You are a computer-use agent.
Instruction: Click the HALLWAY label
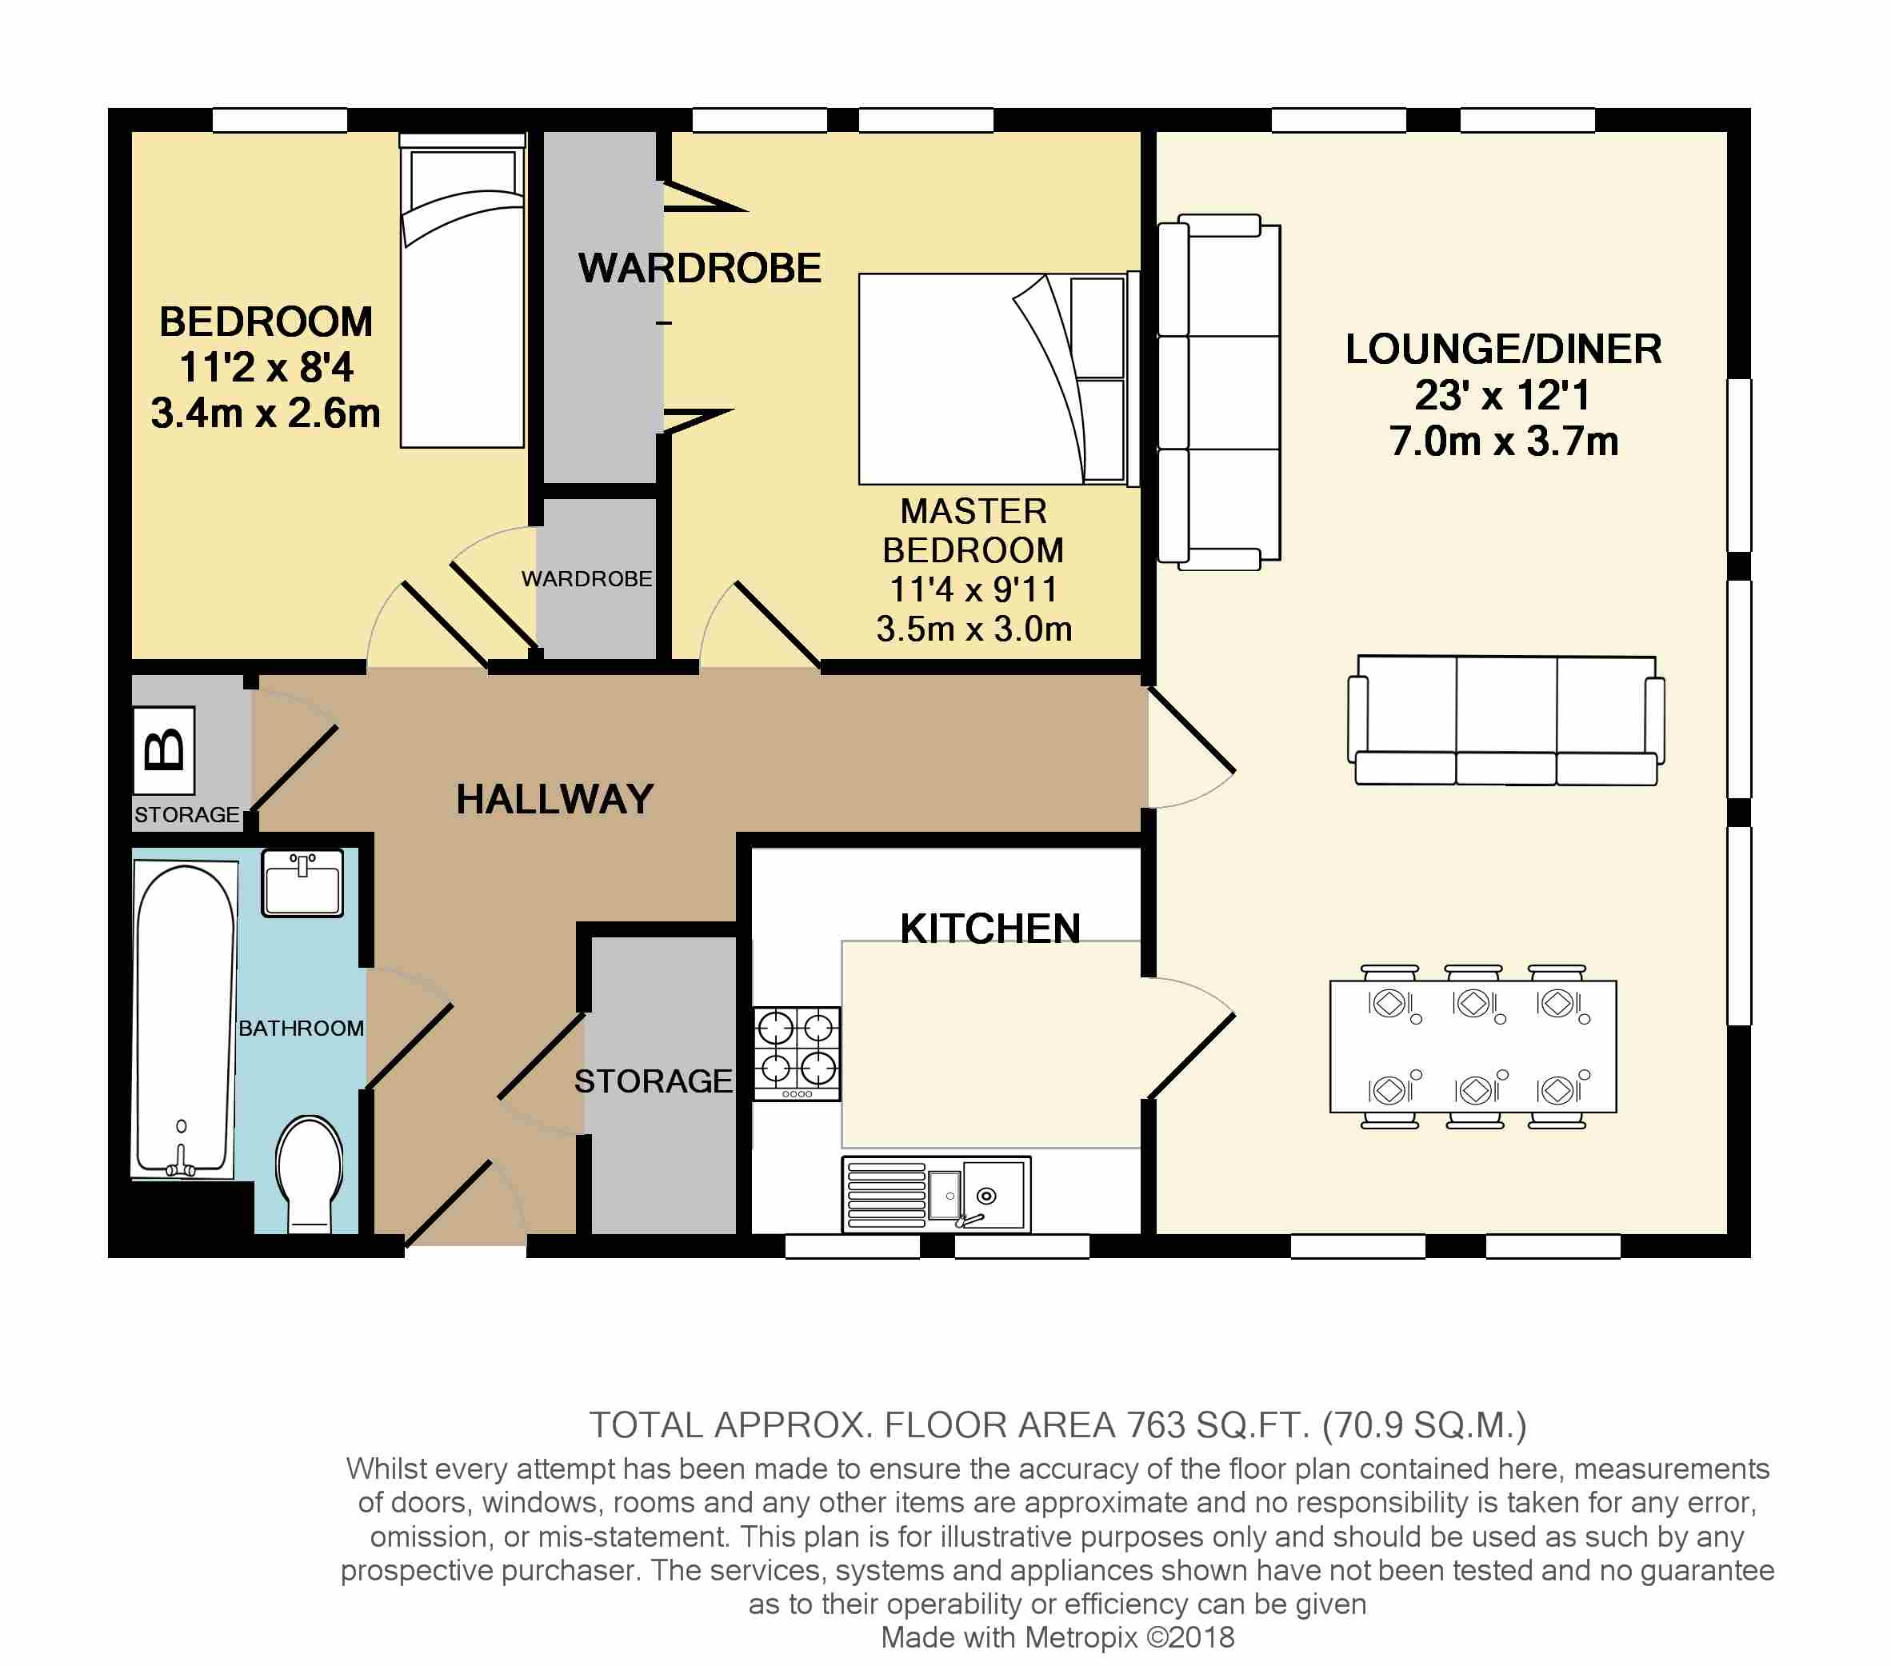pyautogui.click(x=555, y=799)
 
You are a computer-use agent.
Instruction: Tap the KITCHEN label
pyautogui.click(x=990, y=929)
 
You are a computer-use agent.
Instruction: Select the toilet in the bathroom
pyautogui.click(x=310, y=1174)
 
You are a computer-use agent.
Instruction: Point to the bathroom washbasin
pyautogui.click(x=302, y=884)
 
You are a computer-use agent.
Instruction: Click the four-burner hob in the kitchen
pyautogui.click(x=797, y=1053)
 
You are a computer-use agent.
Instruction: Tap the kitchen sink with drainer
pyautogui.click(x=936, y=1194)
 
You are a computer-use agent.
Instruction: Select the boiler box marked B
pyautogui.click(x=165, y=750)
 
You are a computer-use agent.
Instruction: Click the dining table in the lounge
pyautogui.click(x=1473, y=1046)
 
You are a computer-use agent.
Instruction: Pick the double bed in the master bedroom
pyautogui.click(x=998, y=378)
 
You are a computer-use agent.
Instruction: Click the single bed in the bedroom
pyautogui.click(x=462, y=290)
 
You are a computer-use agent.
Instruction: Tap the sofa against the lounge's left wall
pyautogui.click(x=1219, y=392)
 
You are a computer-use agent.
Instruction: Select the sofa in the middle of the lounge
pyautogui.click(x=1506, y=720)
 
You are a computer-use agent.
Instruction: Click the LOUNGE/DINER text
pyautogui.click(x=1503, y=350)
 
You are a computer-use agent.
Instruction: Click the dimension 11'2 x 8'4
pyautogui.click(x=266, y=367)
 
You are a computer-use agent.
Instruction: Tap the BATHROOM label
pyautogui.click(x=301, y=1028)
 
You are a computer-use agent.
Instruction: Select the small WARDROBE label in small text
pyautogui.click(x=586, y=578)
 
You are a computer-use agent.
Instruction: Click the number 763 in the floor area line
pyautogui.click(x=1157, y=1425)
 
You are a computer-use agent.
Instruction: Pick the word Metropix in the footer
pyautogui.click(x=1081, y=1637)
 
